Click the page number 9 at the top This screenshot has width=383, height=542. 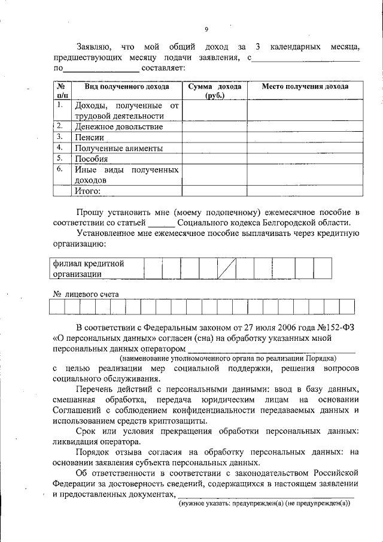(206, 29)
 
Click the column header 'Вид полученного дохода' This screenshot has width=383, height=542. (126, 87)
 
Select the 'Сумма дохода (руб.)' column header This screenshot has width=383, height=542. (214, 91)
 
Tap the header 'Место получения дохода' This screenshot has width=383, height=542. (305, 87)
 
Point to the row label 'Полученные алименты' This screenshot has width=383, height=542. (118, 149)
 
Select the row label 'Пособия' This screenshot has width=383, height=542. (91, 159)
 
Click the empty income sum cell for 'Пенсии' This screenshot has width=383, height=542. (214, 138)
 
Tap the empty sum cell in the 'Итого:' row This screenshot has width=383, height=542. (214, 191)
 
